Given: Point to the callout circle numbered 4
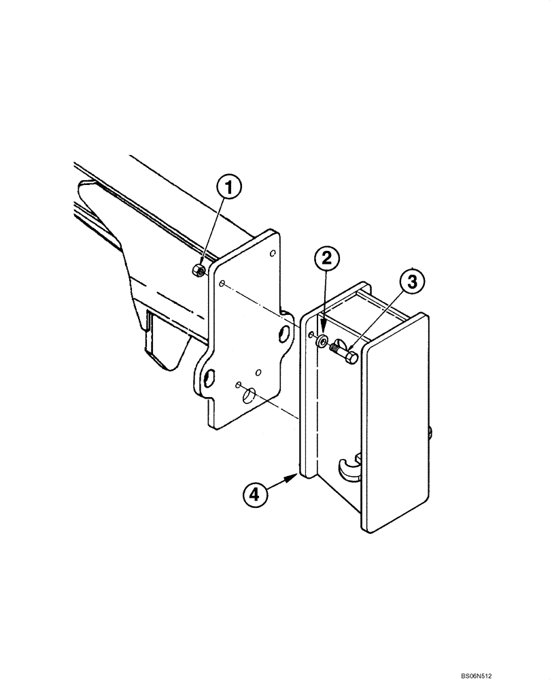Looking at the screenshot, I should [x=254, y=494].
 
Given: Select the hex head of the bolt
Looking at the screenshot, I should [x=351, y=356].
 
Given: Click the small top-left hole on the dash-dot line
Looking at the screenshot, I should [x=222, y=282].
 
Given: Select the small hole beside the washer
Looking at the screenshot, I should [x=310, y=335].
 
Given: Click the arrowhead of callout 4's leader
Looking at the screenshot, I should [x=294, y=477].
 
